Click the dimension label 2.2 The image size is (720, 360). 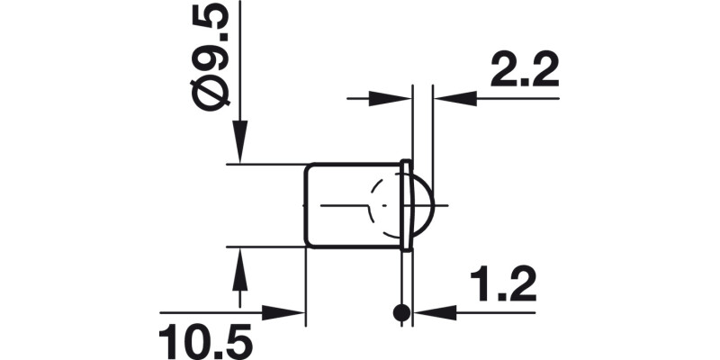[x=524, y=68]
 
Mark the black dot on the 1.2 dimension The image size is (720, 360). [x=401, y=313]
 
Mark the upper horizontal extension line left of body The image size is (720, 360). [x=265, y=164]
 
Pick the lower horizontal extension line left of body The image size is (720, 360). [x=265, y=245]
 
